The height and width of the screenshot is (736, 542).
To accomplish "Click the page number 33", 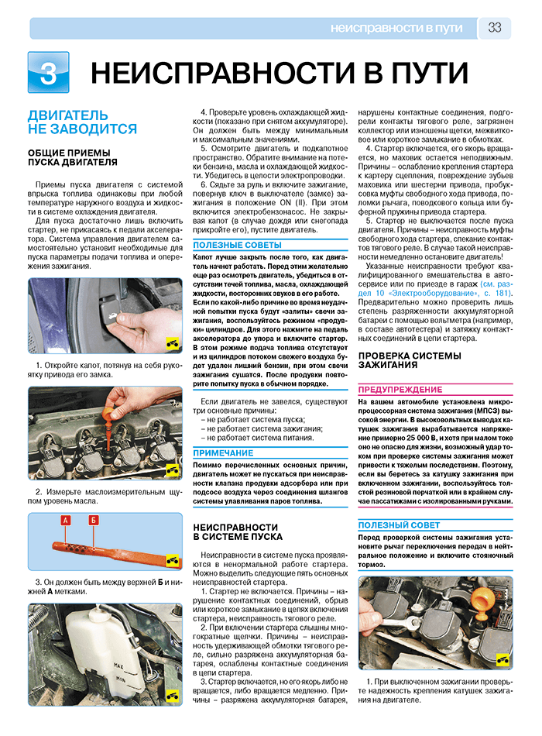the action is coord(495,28).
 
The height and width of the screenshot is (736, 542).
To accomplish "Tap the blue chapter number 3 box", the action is coord(48,72).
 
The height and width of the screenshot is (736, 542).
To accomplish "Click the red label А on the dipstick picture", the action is coord(66,520).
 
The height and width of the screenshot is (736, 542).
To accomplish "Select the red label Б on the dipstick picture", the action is coord(94,520).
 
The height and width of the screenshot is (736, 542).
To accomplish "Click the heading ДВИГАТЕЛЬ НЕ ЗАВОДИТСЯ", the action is coord(82,122).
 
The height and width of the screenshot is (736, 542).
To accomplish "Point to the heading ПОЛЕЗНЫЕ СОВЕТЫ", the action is coord(238,245).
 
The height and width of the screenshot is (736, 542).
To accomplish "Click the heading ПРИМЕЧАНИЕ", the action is coord(223,453).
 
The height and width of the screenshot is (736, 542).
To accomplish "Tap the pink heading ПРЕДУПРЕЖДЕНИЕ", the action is coord(400,390).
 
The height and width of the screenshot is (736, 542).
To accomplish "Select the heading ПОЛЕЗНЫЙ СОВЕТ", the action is coord(399,525).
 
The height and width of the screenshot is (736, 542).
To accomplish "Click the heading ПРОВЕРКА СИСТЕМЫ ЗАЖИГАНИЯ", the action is coord(410,360).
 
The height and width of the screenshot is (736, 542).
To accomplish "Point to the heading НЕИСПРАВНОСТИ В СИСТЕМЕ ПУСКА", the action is coord(238,532).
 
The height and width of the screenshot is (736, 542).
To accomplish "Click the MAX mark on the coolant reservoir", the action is coord(118,665).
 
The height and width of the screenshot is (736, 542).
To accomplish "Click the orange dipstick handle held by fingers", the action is coord(111,411).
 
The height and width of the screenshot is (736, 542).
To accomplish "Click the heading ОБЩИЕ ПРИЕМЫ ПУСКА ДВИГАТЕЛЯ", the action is coord(73,158).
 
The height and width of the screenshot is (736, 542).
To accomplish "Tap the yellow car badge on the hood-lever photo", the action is coord(173,345).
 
